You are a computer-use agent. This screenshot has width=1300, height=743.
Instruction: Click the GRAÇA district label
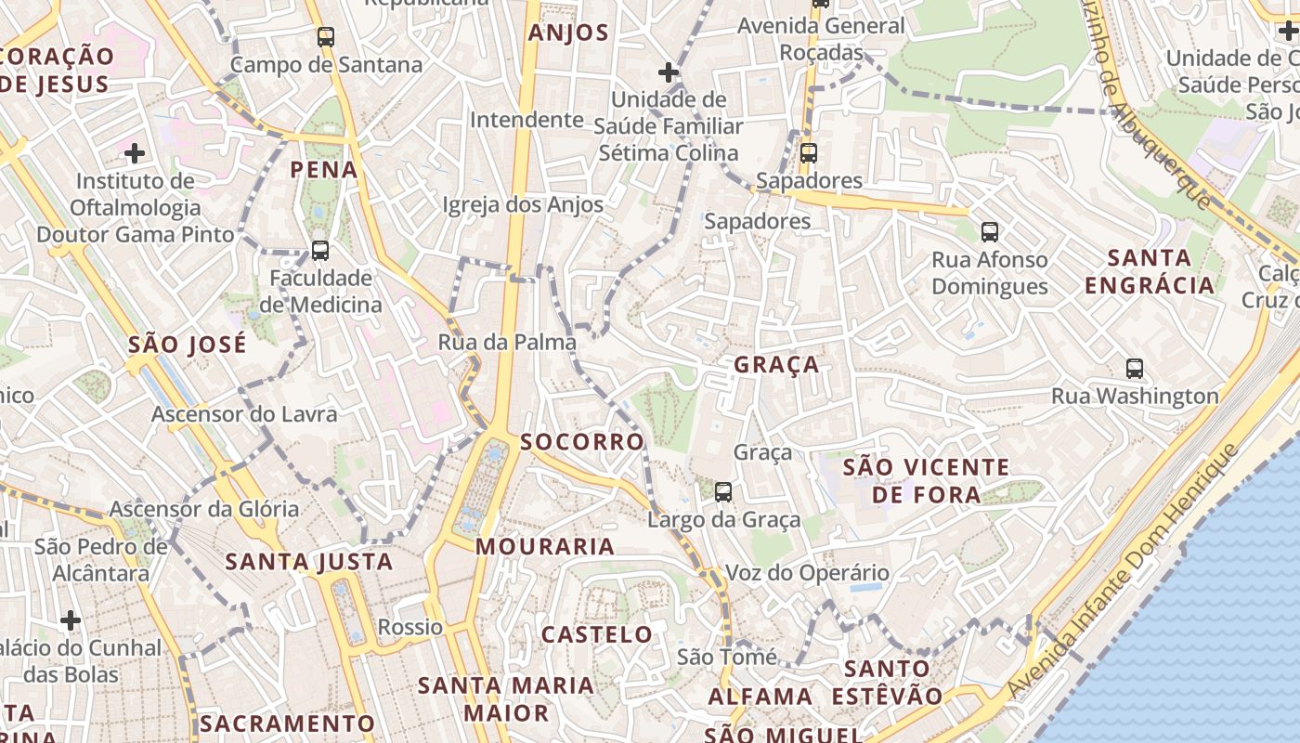[x=776, y=365]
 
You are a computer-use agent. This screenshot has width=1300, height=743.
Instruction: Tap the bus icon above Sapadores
[x=809, y=153]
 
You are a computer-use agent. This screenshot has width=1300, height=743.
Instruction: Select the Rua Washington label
[x=1135, y=397]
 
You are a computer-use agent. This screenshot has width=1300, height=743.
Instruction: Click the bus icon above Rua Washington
[x=1135, y=369]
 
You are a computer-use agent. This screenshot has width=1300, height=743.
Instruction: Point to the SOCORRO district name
[x=582, y=442]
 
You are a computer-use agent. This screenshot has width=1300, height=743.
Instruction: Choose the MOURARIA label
[x=545, y=547]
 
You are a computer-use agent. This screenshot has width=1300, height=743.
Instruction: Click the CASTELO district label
[x=597, y=635]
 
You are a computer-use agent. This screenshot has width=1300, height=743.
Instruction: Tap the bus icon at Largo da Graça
[x=723, y=492]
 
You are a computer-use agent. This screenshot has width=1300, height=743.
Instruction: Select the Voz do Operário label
[x=807, y=573]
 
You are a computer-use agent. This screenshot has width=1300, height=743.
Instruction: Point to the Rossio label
[x=410, y=627]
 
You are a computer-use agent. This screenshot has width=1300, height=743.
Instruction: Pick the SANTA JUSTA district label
[x=309, y=562]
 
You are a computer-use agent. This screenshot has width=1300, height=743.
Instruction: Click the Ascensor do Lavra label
[x=244, y=414]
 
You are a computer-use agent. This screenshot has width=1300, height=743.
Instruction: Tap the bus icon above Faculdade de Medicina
[x=320, y=251]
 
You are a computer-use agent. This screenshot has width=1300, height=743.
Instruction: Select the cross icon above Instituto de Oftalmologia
[x=135, y=152]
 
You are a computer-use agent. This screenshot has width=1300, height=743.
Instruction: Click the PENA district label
[x=323, y=170]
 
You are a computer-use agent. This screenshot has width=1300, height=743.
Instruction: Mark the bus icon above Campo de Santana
[x=326, y=37]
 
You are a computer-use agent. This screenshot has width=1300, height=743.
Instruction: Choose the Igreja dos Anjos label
[x=523, y=204]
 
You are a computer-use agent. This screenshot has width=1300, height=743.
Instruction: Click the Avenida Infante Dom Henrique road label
[x=1124, y=571]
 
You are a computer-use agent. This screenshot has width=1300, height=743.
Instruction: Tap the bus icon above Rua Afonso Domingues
[x=990, y=232]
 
